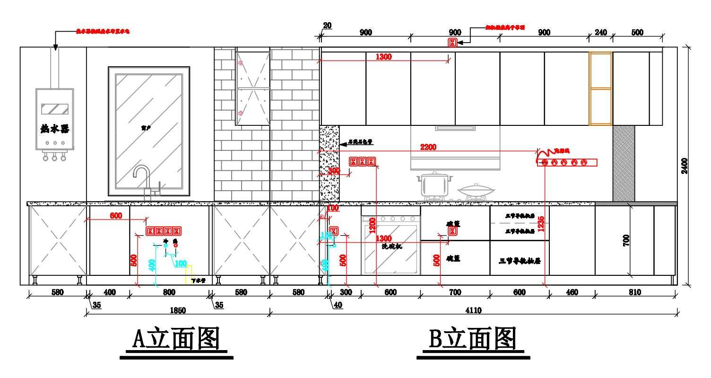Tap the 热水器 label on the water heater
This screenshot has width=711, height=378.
point(54,128)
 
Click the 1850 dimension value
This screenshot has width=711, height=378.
point(178,310)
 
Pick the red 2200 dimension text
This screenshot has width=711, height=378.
point(428,147)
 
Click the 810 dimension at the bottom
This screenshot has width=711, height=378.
point(635,292)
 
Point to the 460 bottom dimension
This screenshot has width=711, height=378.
point(572,292)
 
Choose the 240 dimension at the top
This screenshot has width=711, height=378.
point(600,33)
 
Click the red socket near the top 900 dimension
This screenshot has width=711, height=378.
point(452,43)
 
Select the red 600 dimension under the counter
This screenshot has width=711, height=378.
point(116,216)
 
